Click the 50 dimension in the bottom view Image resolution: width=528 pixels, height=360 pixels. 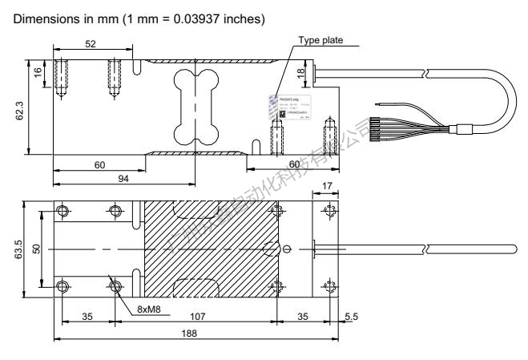tap(34, 249)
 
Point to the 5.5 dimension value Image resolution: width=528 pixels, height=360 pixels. tap(351, 316)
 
